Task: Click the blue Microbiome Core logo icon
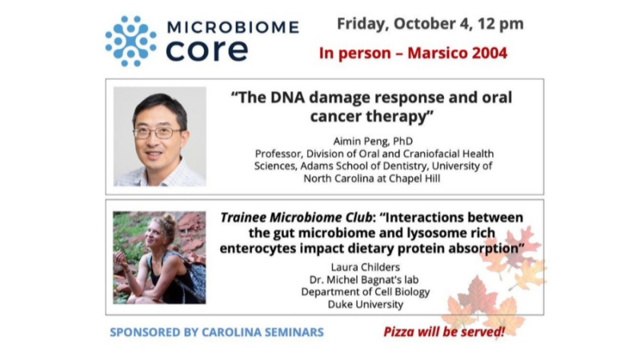130,40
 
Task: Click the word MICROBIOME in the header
233,28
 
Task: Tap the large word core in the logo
206,50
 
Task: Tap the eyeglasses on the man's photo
158,131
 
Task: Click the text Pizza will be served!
444,331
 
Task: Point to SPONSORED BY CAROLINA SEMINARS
217,332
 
